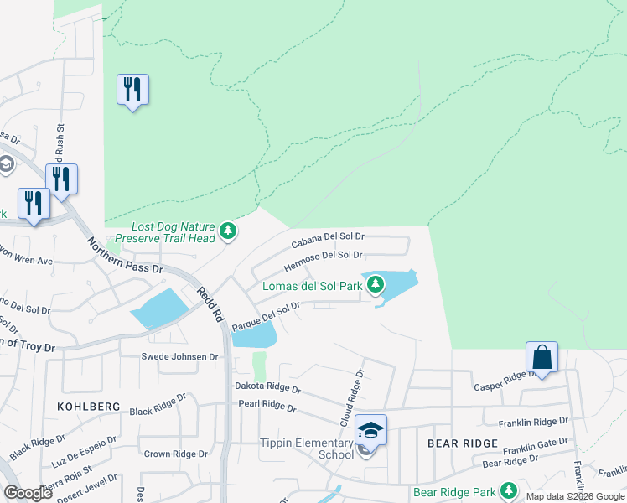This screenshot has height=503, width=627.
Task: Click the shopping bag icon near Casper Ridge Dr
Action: (x=541, y=358)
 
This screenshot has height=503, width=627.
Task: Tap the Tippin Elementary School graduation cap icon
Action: (x=370, y=430)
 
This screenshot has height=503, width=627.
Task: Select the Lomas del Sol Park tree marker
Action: (x=376, y=285)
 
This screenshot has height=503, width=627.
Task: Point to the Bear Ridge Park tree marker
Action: (x=507, y=490)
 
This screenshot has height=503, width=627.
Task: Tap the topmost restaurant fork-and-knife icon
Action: (x=132, y=89)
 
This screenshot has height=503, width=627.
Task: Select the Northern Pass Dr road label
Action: (x=125, y=255)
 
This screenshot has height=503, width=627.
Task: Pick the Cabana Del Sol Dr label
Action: (x=328, y=241)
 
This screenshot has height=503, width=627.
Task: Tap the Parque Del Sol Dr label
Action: (x=266, y=316)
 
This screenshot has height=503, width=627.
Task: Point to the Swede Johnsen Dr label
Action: (x=179, y=356)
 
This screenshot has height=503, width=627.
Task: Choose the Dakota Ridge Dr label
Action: (x=267, y=388)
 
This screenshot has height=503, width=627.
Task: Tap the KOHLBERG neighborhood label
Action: (x=84, y=406)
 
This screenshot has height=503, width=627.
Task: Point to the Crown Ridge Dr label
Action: (x=175, y=454)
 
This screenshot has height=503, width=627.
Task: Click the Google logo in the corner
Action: (x=28, y=493)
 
